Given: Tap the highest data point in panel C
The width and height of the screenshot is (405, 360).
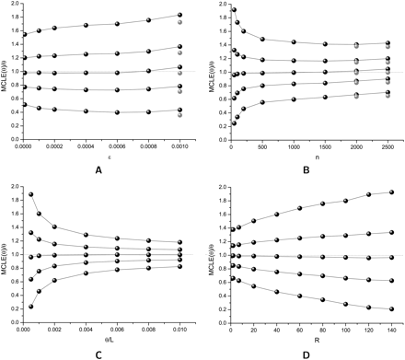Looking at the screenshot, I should tap(32, 194).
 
